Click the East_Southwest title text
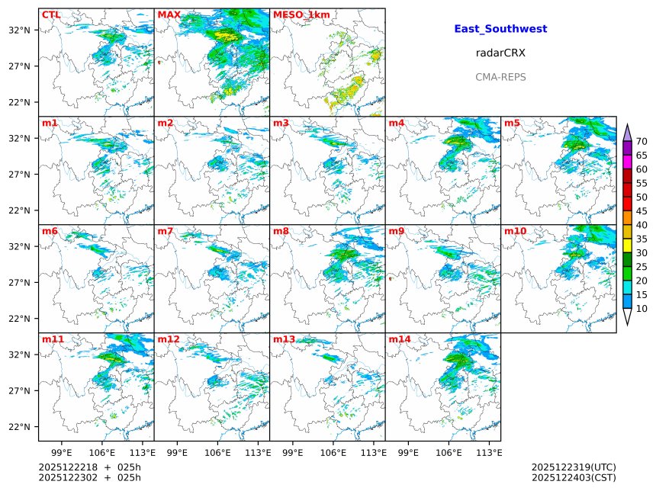click(500, 29)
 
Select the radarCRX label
click(500, 53)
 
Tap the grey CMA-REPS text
click(500, 77)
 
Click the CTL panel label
click(51, 14)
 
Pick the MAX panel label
click(169, 14)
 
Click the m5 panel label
click(511, 123)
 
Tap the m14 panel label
click(400, 339)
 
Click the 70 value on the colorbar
click(642, 142)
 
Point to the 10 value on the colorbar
click(642, 309)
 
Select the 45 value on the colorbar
click(642, 211)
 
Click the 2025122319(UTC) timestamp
click(574, 467)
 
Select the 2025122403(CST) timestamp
click(574, 478)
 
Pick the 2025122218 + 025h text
click(90, 467)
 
